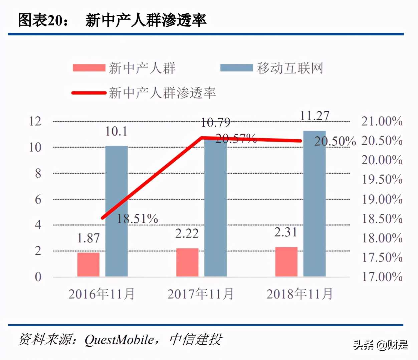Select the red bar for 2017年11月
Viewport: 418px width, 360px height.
click(187, 262)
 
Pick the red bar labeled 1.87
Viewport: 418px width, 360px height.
click(88, 264)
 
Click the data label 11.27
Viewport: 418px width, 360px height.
click(314, 116)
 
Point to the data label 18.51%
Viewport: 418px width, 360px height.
click(137, 219)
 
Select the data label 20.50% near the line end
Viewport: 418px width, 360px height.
click(335, 141)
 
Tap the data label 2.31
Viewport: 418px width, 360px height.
click(286, 232)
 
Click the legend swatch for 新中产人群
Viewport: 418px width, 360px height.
click(89, 68)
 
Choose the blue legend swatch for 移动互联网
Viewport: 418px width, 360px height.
click(236, 68)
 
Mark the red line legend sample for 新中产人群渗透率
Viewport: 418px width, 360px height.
click(89, 93)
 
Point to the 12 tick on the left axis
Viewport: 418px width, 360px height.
click(35, 121)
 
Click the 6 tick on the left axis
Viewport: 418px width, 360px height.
click(38, 199)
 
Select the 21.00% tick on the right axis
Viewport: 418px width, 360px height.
click(382, 121)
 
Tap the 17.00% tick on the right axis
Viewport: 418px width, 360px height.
click(382, 277)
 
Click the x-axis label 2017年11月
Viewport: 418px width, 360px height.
click(200, 294)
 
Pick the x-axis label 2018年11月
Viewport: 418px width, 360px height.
click(299, 294)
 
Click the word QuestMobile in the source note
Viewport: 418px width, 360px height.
click(119, 340)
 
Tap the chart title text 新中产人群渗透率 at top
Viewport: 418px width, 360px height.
click(146, 20)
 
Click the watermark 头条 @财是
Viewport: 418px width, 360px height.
click(381, 345)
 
